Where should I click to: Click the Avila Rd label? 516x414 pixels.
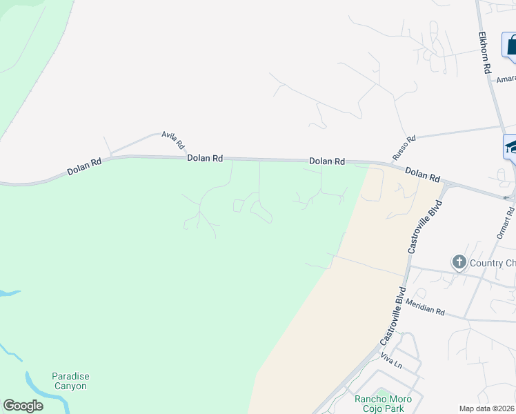coord(173,140)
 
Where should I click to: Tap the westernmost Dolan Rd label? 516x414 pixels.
coord(85,166)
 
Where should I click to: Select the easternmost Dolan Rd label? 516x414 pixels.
coord(422,175)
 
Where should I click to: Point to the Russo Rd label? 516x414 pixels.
coord(404,148)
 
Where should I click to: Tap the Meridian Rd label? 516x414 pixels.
coord(425,308)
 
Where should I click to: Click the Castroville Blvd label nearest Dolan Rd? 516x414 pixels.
coord(422,226)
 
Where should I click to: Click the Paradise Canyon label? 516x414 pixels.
coord(70,381)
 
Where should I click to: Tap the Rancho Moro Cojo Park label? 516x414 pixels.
coord(383,404)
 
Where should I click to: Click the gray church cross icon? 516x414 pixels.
coord(459,262)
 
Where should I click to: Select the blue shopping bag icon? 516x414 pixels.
coord(510,46)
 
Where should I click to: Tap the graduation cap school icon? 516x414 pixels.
coord(510,146)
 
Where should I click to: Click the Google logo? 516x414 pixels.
coord(23,406)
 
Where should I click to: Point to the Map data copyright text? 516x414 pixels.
coord(487,408)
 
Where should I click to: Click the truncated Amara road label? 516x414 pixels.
coord(506,79)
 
